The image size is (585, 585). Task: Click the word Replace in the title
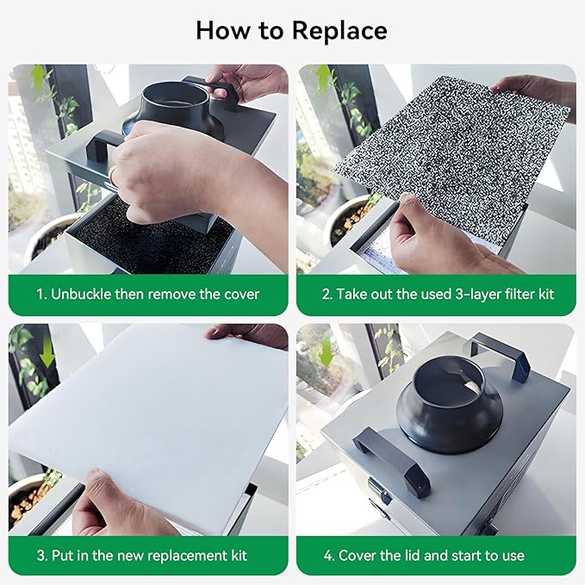pos(339,31)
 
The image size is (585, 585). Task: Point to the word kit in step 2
pos(546,294)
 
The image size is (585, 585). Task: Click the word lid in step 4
pos(412,556)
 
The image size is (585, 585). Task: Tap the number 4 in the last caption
pos(329,556)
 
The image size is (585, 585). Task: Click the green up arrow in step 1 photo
pos(38,78)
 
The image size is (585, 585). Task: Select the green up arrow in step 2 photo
pos(324,78)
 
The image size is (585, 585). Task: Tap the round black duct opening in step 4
pos(449,382)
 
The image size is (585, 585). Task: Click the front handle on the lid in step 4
pos(392,460)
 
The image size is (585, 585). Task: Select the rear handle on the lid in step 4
pos(500,356)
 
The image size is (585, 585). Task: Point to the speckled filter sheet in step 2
pos(452,157)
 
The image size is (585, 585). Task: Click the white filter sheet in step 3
pos(149,421)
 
